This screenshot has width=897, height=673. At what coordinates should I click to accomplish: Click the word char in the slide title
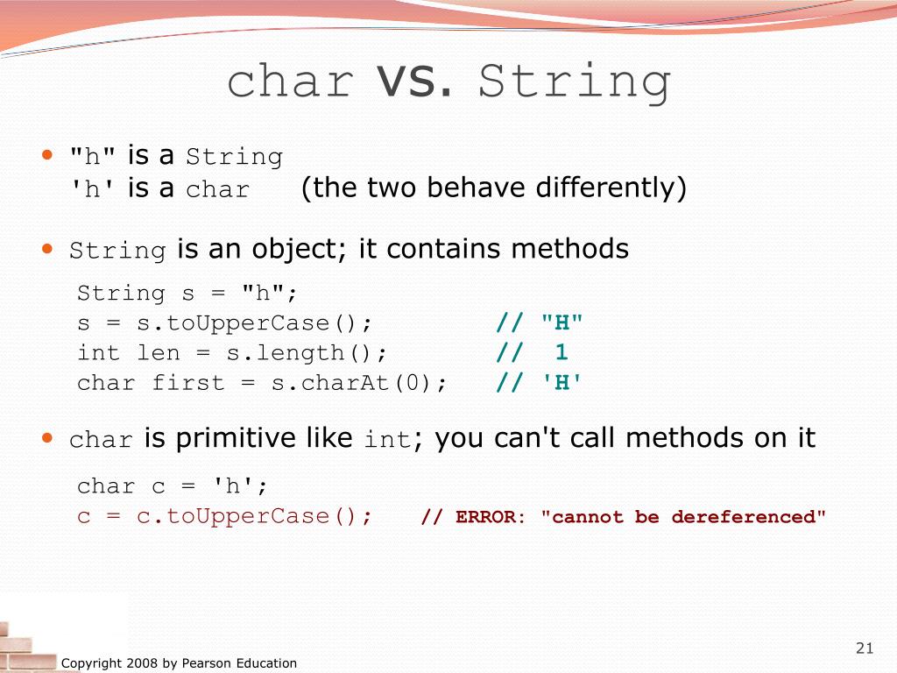pos(290,82)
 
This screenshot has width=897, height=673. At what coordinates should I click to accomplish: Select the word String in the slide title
pos(576,82)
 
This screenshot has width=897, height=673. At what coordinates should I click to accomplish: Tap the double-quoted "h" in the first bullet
pos(93,157)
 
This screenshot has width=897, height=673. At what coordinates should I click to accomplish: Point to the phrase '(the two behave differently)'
pos(494,188)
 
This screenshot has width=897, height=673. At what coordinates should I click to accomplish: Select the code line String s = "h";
pos(187,294)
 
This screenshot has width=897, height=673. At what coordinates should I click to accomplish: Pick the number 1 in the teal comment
pos(561,352)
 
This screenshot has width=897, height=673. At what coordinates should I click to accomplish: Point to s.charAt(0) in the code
pos(358,383)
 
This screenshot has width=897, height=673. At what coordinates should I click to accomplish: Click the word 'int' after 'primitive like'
pos(386,439)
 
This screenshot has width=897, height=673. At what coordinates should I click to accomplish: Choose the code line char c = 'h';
pos(173,486)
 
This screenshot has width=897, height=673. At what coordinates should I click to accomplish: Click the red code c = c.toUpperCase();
pos(225,516)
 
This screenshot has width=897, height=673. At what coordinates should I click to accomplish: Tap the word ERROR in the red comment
pos(485,517)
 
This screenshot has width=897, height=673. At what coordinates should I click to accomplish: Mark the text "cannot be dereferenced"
pos(683,517)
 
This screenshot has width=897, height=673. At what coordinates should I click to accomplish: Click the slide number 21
pos(865,648)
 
